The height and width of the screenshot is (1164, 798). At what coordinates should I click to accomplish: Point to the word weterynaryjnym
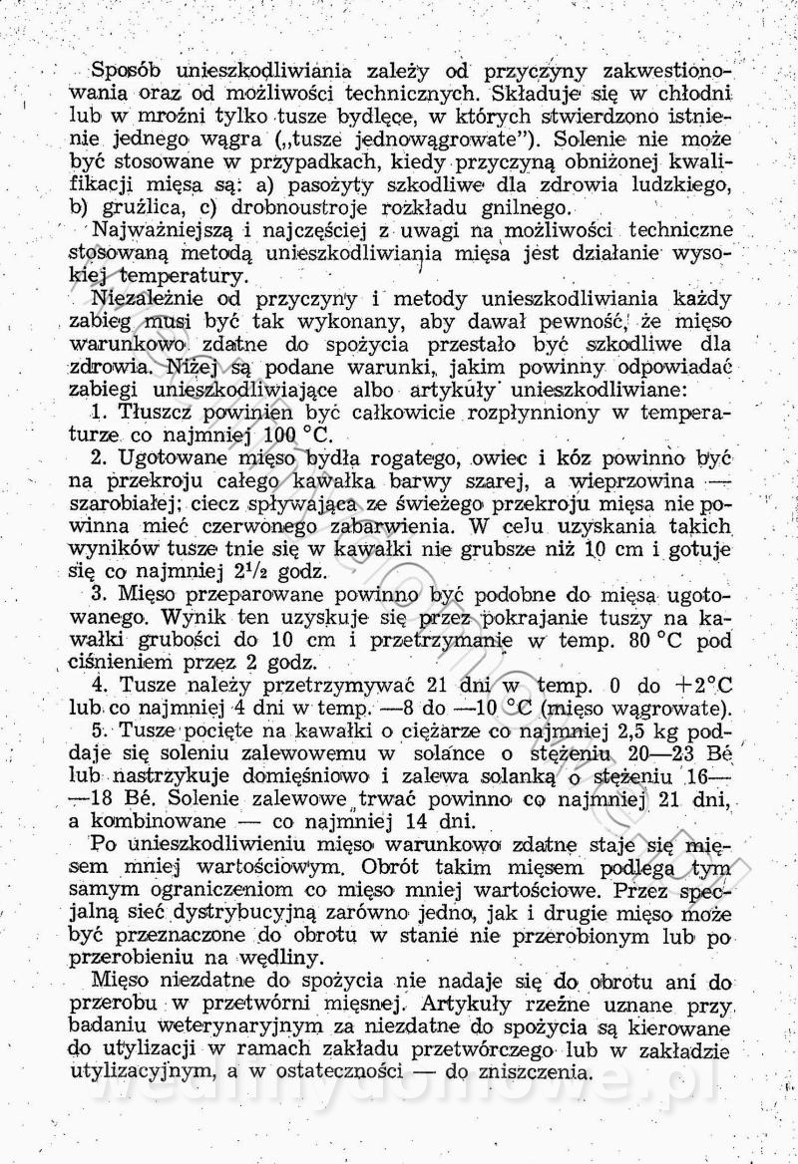point(243,1027)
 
